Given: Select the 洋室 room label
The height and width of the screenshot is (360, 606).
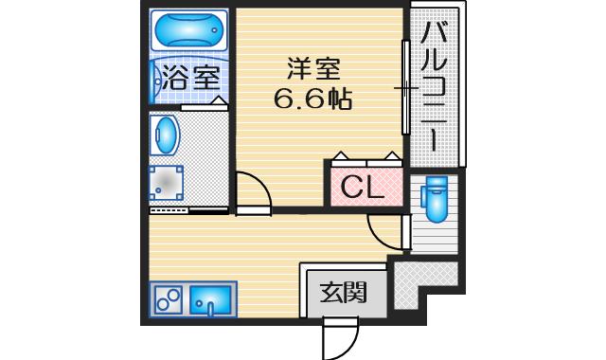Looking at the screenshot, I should (x=312, y=70).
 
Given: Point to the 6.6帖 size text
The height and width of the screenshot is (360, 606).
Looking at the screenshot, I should (x=312, y=98).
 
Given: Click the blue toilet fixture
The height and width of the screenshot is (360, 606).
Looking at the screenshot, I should (x=437, y=199).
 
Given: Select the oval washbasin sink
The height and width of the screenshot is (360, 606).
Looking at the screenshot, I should (x=165, y=135).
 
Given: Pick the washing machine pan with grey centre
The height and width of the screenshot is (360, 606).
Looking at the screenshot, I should (x=168, y=182).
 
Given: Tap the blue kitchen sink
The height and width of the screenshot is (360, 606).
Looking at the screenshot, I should (x=209, y=302).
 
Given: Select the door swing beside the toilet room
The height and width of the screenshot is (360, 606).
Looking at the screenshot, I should (x=384, y=230).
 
